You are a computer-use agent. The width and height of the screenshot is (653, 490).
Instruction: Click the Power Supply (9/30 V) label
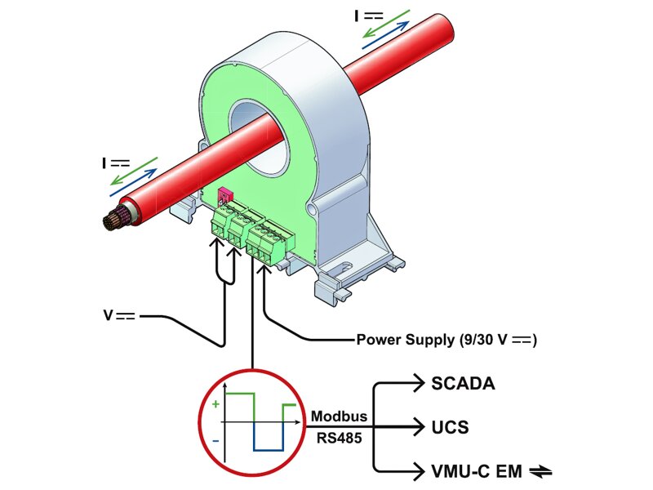tap(446, 339)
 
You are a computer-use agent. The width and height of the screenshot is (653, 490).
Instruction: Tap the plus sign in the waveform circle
tap(215, 404)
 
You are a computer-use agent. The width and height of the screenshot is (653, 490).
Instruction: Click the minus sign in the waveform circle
tap(215, 441)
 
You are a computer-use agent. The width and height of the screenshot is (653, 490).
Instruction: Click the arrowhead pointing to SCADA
tap(417, 381)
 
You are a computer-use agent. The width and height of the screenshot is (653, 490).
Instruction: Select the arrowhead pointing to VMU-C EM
tap(417, 471)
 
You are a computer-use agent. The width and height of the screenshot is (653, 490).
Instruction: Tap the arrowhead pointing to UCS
tap(417, 426)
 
